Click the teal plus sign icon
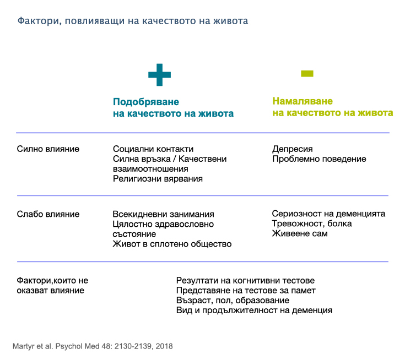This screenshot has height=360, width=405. pos(159,74)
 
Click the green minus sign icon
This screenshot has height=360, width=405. pos(307,73)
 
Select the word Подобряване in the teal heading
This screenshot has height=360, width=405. pos(146,102)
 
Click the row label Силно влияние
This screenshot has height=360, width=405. pos(48,149)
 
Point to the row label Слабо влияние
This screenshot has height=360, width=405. pos(48,214)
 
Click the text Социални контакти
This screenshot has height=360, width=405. pos(153,149)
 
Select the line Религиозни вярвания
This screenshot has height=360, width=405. pos(158,179)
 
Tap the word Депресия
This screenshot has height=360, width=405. pos(293,149)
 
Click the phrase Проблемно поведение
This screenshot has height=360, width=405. pos(319,159)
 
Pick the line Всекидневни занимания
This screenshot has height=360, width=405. pos(163,214)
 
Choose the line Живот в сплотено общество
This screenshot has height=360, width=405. pos(172,244)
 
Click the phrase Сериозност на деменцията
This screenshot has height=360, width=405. pos(328,214)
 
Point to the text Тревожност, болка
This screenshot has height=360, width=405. pos(312,223)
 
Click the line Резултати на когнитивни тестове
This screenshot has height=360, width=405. pos(245,281)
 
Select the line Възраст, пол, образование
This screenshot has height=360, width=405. pos(233,301)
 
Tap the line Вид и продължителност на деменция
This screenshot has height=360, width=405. pos(254,310)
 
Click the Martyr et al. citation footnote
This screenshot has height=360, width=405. pos(92,346)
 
